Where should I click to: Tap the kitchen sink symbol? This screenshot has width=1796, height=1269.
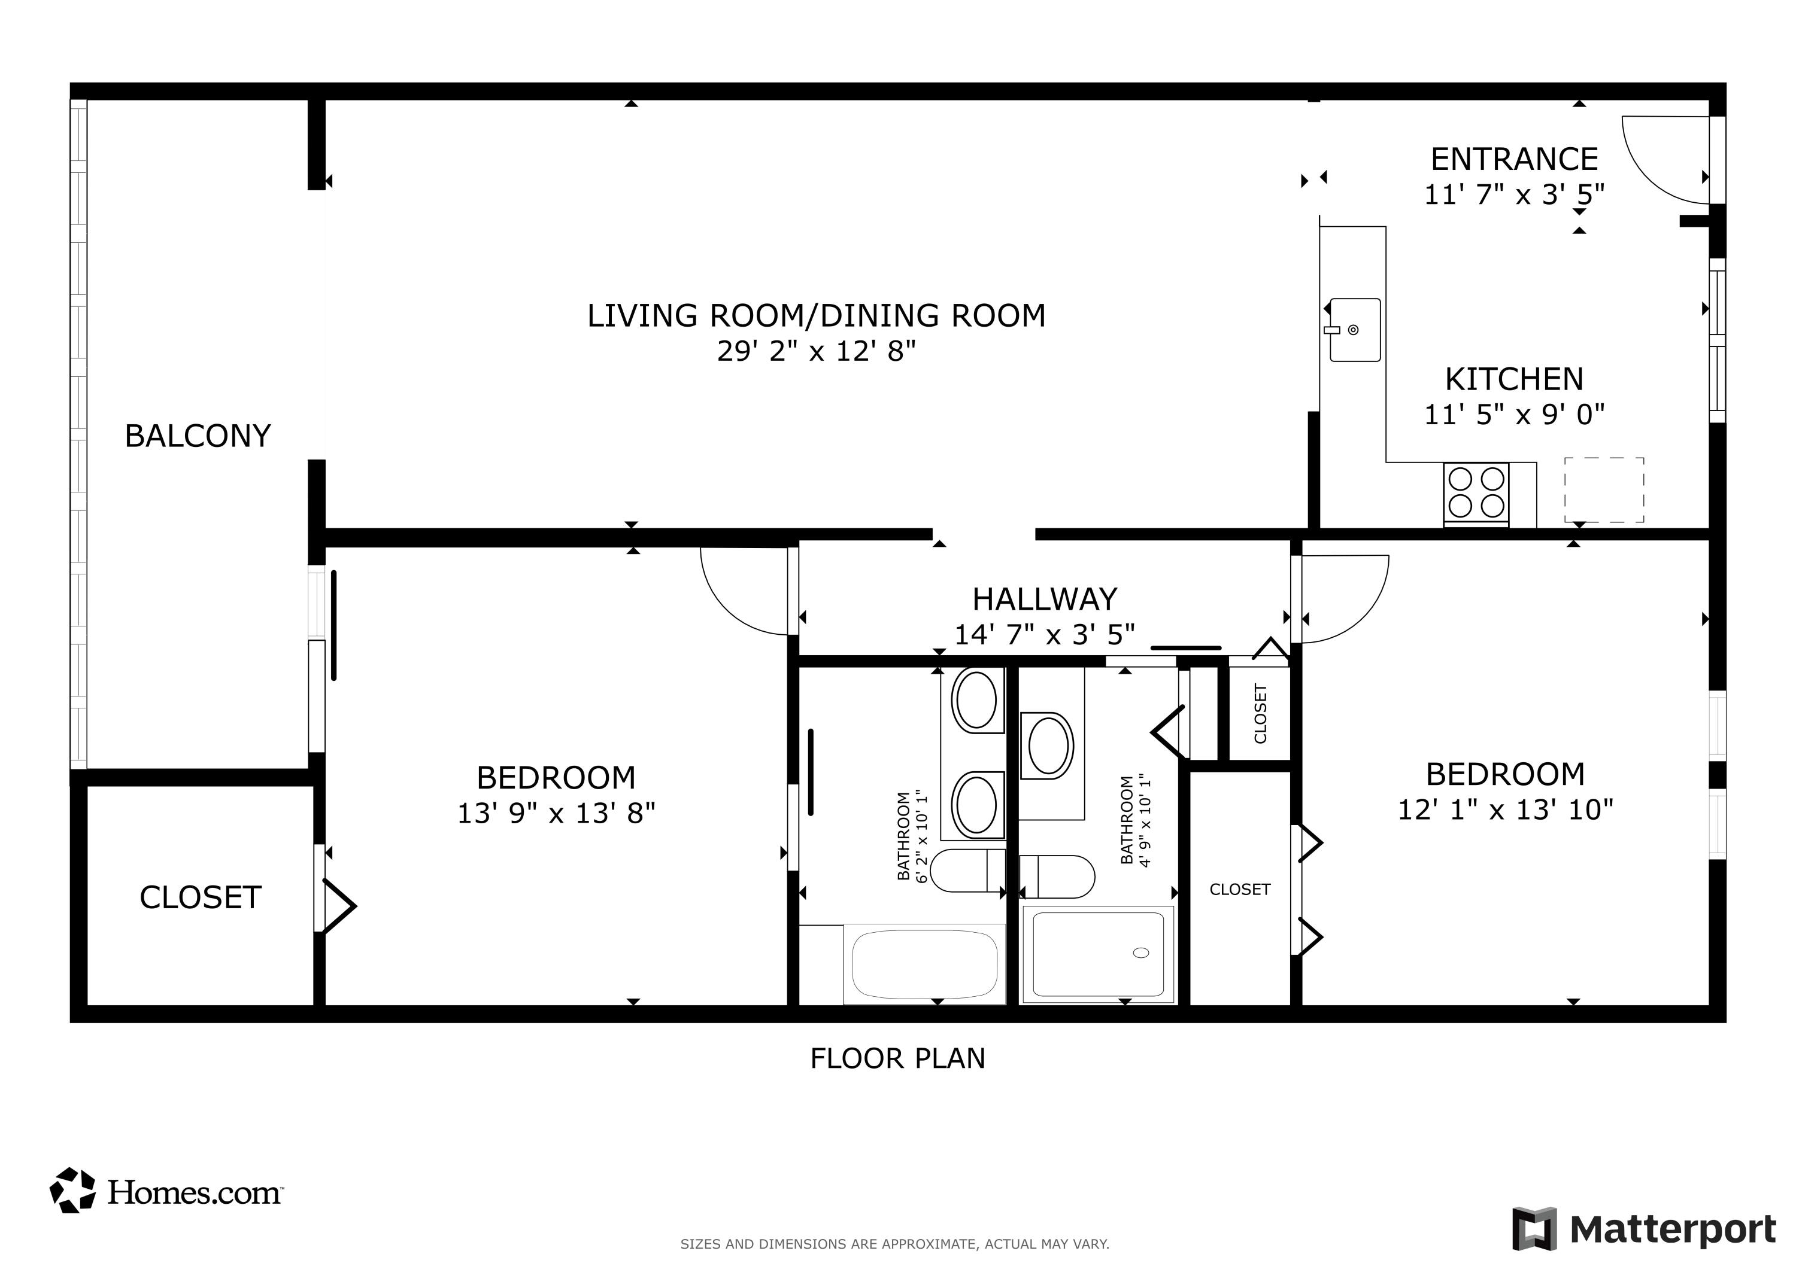[x=1355, y=329]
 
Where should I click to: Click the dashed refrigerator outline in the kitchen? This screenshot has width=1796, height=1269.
[x=1604, y=490]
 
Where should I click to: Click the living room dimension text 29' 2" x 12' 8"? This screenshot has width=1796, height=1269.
[x=816, y=351]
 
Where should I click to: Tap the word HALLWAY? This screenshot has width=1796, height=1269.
[x=1044, y=599]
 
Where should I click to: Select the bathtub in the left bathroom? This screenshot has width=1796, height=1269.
[x=924, y=963]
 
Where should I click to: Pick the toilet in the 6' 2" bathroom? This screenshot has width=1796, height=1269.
[x=967, y=871]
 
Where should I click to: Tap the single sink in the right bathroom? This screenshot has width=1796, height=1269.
[x=1048, y=745]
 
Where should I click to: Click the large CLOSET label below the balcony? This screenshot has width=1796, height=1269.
[x=200, y=897]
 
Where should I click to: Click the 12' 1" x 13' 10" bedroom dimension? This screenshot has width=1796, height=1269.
[x=1505, y=810]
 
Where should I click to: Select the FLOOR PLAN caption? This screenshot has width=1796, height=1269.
[x=897, y=1058]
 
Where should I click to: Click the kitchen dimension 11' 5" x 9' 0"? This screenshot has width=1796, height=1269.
[x=1513, y=415]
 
